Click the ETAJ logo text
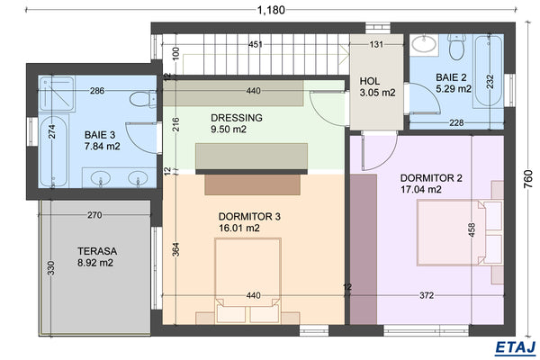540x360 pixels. (x=515, y=346)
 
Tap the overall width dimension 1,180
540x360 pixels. (x=270, y=11)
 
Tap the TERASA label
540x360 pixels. (x=94, y=256)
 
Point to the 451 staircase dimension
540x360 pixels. (x=256, y=44)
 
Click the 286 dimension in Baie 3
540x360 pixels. (x=97, y=91)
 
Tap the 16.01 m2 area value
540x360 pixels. (x=239, y=229)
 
